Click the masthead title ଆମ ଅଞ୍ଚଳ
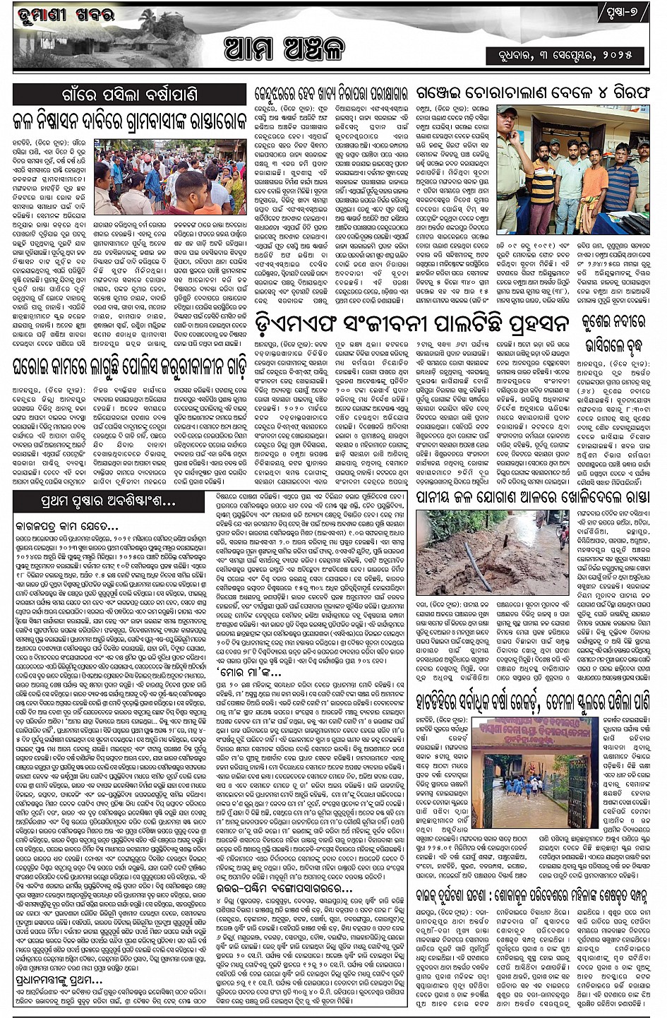[284, 49]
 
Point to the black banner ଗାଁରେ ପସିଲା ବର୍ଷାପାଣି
[128, 94]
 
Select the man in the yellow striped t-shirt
[543, 189]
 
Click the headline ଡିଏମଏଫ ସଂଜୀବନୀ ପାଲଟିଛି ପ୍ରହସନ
[412, 325]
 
